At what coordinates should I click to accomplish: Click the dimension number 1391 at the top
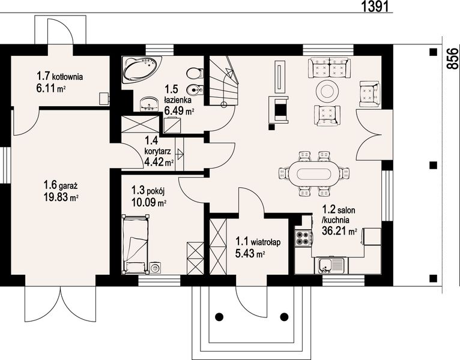click(376, 6)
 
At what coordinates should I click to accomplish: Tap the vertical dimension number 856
click(452, 59)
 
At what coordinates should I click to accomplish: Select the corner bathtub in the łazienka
click(141, 69)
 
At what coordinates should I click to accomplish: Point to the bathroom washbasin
click(150, 104)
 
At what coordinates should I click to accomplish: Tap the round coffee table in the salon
click(327, 91)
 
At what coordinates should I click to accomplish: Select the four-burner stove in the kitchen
click(303, 238)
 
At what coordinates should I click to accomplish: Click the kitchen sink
click(331, 265)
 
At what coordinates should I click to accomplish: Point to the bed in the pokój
click(136, 244)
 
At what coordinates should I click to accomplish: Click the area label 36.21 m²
click(339, 231)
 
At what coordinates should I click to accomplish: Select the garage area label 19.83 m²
click(61, 197)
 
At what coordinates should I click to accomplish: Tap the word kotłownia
click(67, 77)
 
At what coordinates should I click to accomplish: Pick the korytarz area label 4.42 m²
click(159, 161)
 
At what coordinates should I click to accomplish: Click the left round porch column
click(219, 317)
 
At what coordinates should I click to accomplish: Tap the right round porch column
click(284, 317)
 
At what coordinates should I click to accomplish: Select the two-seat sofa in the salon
click(329, 68)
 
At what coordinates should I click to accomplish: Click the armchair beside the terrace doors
click(370, 94)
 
